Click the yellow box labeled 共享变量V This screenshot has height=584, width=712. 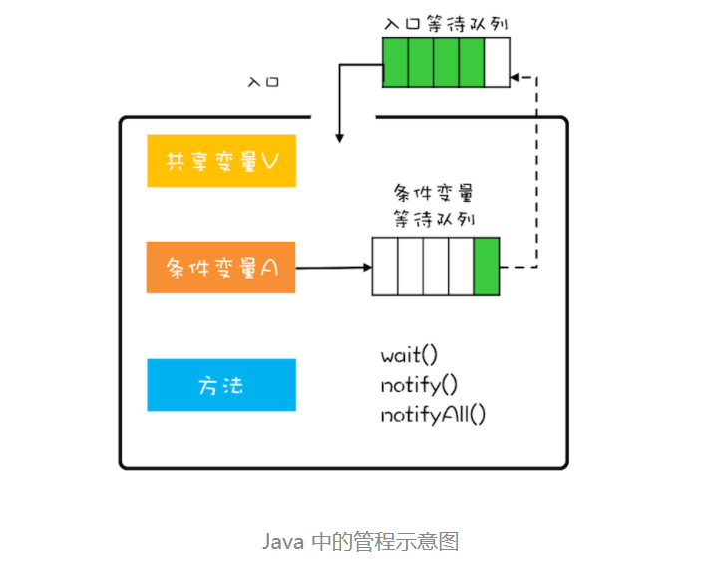click(221, 161)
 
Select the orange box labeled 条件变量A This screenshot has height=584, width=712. click(221, 268)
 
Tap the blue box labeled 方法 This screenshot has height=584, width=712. click(221, 385)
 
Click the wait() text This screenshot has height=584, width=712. click(409, 355)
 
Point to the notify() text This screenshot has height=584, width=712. click(418, 385)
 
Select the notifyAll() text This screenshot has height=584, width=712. click(432, 414)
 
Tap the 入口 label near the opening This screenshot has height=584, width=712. click(264, 80)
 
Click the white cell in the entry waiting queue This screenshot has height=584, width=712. click(497, 62)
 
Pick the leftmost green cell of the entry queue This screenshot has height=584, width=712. click(395, 62)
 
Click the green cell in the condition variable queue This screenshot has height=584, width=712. click(487, 267)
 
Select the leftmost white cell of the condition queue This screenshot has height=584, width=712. click(385, 267)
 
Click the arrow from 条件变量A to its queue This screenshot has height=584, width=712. click(334, 268)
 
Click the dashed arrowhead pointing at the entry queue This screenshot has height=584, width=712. click(516, 75)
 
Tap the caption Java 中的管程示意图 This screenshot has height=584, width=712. click(360, 542)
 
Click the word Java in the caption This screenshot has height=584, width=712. click(282, 542)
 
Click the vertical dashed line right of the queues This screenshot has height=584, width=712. click(538, 170)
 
